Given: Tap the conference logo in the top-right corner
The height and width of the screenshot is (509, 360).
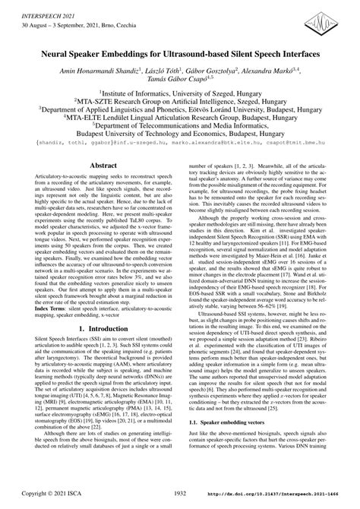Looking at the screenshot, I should coord(327,21).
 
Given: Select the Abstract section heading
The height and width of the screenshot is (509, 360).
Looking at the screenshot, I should coord(103,185).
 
